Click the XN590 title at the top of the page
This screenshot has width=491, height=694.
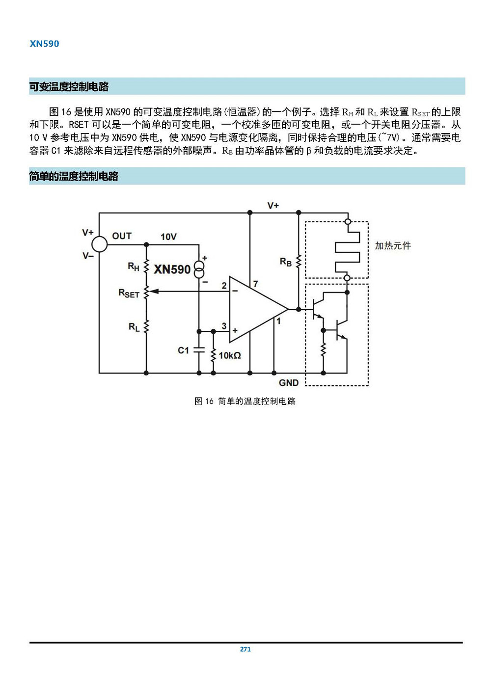pos(44,44)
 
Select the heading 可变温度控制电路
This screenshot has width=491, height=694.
pos(69,87)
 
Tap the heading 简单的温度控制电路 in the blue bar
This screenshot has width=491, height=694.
pos(74,176)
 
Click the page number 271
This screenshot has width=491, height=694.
pos(245,649)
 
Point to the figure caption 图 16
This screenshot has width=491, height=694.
pos(245,401)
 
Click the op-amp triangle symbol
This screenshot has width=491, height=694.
pos(255,309)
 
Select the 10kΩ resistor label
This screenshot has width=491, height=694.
pos(230,355)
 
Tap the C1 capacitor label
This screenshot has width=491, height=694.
pos(183,350)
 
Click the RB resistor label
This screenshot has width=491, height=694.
pos(285,262)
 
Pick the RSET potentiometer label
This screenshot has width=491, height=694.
pos(129,293)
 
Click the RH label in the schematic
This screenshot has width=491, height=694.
pos(134,267)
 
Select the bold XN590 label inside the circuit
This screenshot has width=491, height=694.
pos(172,269)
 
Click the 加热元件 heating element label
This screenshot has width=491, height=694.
pos(393,245)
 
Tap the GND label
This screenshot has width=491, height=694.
pos(289,383)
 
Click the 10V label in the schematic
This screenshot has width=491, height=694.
pos(168,237)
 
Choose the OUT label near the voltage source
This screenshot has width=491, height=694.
pos(122,236)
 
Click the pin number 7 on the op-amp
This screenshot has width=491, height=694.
pos(255,284)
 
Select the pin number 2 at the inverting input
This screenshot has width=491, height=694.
pos(224,285)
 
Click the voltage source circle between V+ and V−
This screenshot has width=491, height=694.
pos(100,244)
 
